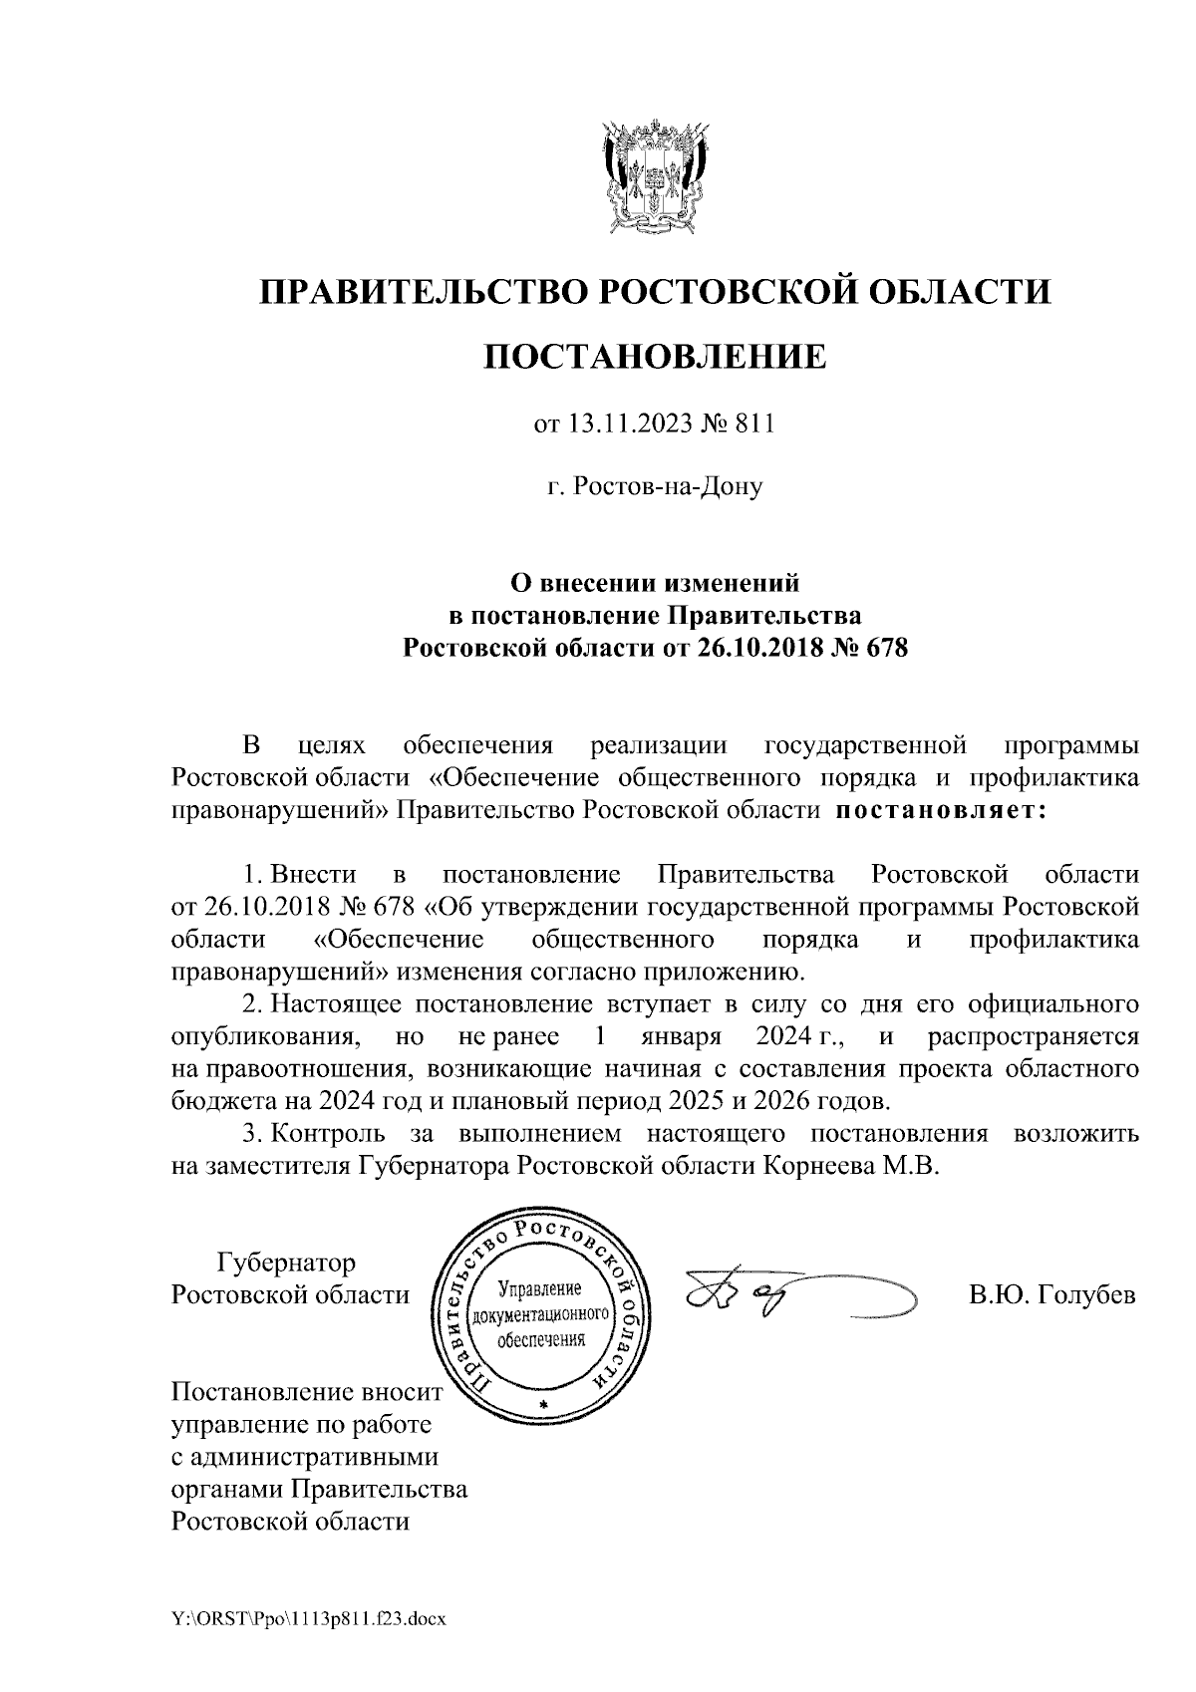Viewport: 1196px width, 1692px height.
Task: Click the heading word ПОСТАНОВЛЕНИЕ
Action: click(655, 356)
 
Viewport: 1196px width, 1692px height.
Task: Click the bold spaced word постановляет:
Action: click(939, 810)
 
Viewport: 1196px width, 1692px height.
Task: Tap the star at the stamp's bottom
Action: click(543, 1406)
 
